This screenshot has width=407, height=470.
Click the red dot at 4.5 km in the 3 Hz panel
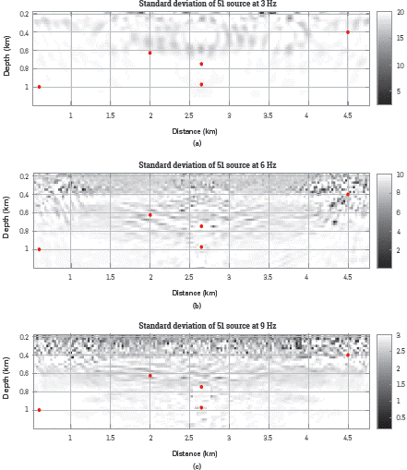click(347, 32)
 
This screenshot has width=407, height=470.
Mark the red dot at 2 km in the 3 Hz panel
click(150, 53)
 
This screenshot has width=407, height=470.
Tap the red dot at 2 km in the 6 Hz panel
click(150, 215)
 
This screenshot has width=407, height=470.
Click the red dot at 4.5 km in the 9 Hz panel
click(347, 355)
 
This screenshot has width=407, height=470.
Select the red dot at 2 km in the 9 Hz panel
click(150, 376)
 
